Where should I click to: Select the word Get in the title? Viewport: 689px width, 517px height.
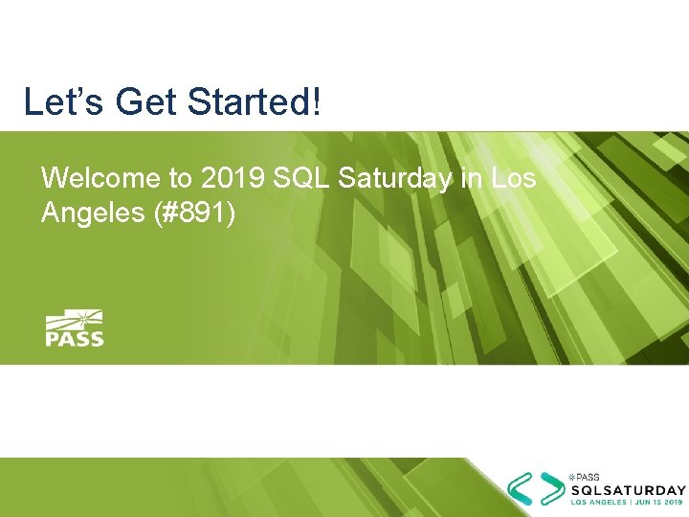point(134,101)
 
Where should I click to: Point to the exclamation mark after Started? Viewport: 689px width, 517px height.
point(316,101)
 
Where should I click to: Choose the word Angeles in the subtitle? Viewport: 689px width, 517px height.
point(92,213)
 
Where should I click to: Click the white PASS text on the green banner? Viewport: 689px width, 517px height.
point(75,337)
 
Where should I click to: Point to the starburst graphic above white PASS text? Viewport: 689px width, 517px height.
point(77,318)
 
